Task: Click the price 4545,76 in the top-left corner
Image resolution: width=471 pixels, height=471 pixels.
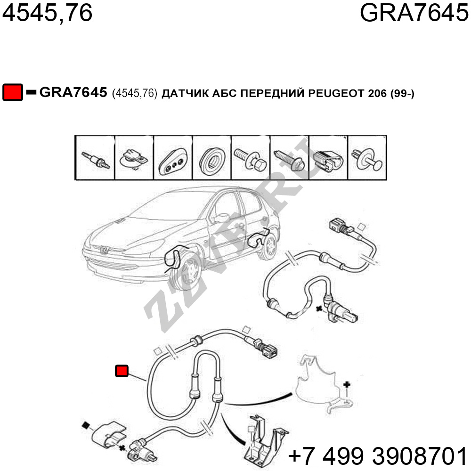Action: [47, 13]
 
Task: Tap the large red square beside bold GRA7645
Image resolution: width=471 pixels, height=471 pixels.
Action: [13, 92]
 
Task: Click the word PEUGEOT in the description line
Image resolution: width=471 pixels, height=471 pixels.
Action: [336, 93]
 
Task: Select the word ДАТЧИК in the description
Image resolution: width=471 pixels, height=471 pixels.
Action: [185, 94]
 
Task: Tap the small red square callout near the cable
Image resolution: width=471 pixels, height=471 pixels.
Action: [122, 371]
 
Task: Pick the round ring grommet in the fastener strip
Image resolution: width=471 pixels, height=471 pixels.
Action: [212, 159]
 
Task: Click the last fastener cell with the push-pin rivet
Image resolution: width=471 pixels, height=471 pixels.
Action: [366, 158]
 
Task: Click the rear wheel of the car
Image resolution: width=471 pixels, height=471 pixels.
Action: [269, 247]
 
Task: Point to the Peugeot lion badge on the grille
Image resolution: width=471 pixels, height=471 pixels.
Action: [104, 250]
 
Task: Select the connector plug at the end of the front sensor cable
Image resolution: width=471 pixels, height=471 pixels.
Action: [267, 350]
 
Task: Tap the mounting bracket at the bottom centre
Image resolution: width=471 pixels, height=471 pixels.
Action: [264, 442]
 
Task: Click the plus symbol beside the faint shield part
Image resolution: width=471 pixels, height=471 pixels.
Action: [347, 384]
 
